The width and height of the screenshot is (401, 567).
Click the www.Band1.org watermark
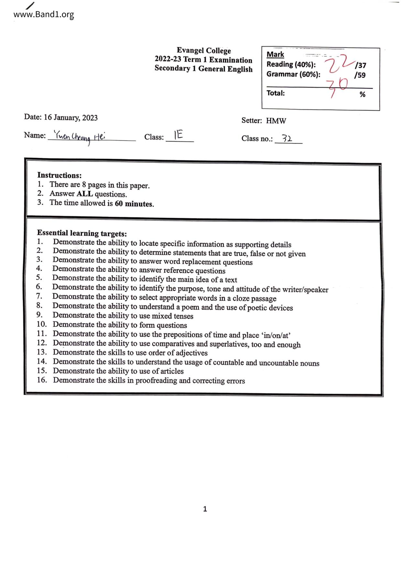coord(44,15)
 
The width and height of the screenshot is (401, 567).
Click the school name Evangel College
coord(204,50)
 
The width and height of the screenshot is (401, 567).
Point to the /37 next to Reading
coord(360,65)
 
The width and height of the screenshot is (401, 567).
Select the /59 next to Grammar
coord(360,75)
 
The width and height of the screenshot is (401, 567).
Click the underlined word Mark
coord(275,54)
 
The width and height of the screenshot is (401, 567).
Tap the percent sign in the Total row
coord(363,94)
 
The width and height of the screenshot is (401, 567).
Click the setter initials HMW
coord(276,121)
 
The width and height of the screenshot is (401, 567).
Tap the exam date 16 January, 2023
coord(70,117)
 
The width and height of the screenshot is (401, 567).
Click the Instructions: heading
coord(60,175)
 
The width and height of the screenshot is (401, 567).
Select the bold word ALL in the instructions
coord(85,194)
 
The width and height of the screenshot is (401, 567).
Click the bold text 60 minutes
coord(134,204)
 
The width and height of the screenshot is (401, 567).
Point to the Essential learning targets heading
coord(82,233)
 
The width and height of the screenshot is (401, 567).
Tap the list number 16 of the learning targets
coord(42,380)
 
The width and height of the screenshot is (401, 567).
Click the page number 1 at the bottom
coord(205,509)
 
